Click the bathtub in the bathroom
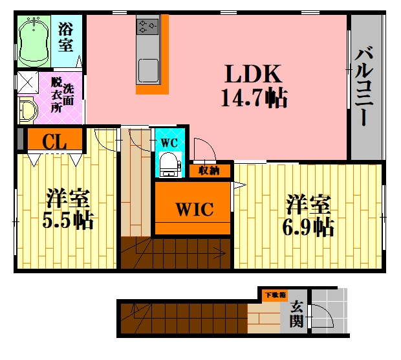(x=34, y=41)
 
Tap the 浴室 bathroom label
(x=66, y=38)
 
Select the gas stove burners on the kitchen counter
(x=147, y=27)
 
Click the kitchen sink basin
(x=148, y=70)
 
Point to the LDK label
(x=253, y=74)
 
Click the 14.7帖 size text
(x=254, y=98)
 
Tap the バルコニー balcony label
(x=363, y=86)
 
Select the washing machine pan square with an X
(x=28, y=82)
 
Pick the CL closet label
(x=54, y=142)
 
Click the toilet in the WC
(x=170, y=164)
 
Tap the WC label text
(x=169, y=142)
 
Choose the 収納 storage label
(x=210, y=171)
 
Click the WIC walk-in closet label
(x=195, y=209)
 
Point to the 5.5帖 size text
(x=68, y=220)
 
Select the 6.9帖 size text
(x=308, y=227)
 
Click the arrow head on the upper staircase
(x=221, y=253)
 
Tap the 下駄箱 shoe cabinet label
(x=275, y=295)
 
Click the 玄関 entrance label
(x=296, y=314)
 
